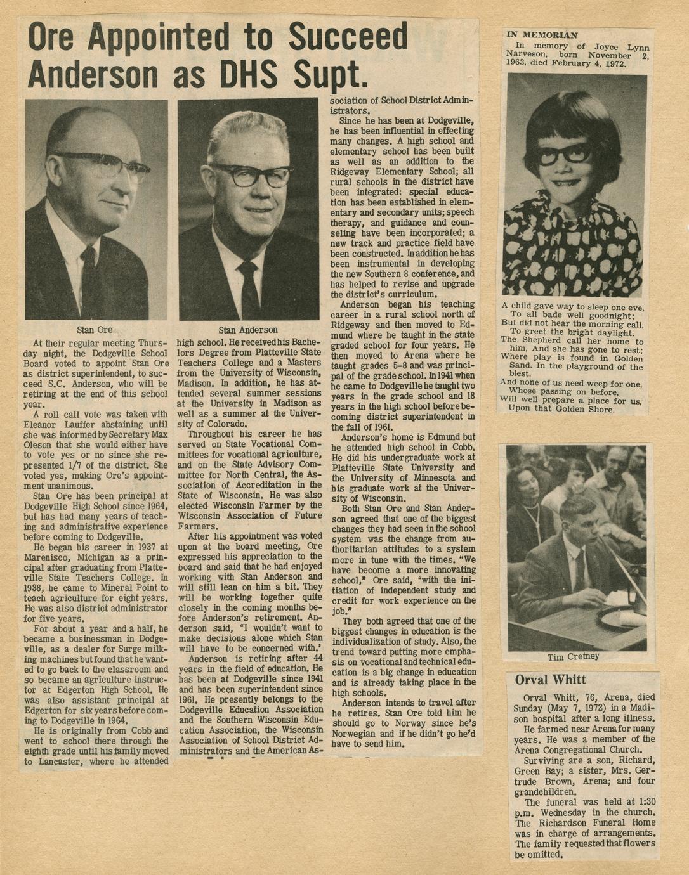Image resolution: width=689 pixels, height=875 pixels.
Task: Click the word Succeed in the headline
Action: pos(348,36)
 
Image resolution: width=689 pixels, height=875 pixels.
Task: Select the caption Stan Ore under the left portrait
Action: pos(95,329)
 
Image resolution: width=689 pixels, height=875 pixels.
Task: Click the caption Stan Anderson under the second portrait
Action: pos(248,330)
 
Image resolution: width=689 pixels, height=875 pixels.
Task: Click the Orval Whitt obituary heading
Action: pos(550,680)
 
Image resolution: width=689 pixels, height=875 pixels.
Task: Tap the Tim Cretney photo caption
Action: pos(574,657)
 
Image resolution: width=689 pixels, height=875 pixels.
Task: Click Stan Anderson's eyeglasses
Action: pos(252,175)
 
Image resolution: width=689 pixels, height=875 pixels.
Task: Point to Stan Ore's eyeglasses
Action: pos(111,165)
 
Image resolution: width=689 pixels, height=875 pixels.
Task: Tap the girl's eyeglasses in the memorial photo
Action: pos(565,153)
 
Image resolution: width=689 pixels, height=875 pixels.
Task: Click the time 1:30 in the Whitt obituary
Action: pos(642,802)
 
